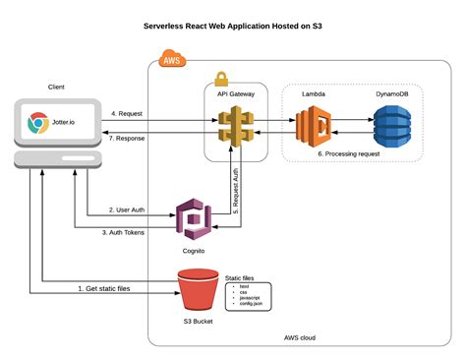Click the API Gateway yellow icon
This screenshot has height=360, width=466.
[x=236, y=126]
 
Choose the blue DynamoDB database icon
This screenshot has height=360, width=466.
[x=391, y=126]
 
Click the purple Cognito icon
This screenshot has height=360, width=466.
[x=193, y=217]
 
